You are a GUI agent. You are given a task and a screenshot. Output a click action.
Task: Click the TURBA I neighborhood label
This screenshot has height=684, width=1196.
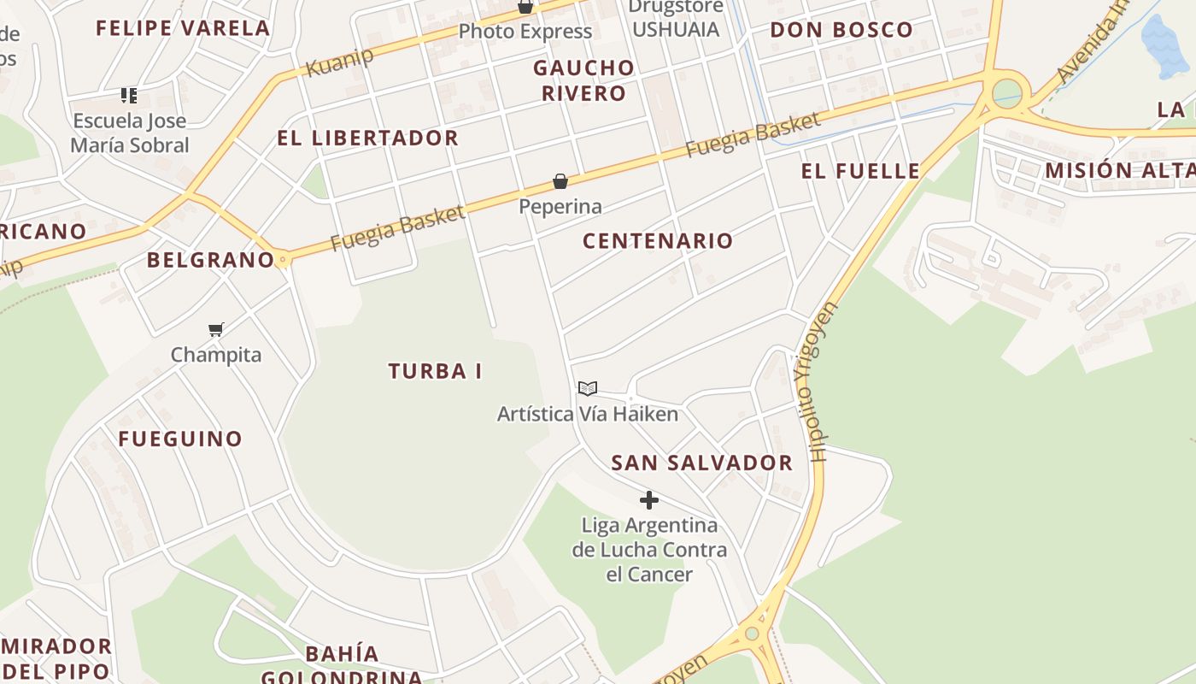(x=435, y=371)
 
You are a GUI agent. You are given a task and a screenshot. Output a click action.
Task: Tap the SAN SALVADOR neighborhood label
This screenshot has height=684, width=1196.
(x=701, y=463)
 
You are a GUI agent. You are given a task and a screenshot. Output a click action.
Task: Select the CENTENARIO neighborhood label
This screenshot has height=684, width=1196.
(x=658, y=241)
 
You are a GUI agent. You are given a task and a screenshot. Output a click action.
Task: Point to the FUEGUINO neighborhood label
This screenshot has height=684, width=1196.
(x=180, y=439)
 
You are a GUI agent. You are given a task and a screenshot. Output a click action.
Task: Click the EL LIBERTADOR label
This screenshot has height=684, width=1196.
(x=367, y=139)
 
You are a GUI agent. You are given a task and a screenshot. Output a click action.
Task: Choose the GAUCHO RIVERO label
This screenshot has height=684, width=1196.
(x=584, y=80)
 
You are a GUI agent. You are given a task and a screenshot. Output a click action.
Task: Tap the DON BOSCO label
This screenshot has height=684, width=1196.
(x=841, y=30)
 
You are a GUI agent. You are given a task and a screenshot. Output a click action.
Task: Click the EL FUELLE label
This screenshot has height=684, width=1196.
(x=860, y=171)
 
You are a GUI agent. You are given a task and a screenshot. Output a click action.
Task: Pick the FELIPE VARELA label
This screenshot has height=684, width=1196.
(x=183, y=28)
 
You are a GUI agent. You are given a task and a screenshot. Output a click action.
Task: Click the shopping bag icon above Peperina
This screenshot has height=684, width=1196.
(x=560, y=181)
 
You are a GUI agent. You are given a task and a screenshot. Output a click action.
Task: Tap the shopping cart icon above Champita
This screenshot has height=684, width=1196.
(x=216, y=329)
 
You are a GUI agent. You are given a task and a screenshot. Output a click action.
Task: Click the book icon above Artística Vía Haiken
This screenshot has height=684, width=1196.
(x=588, y=389)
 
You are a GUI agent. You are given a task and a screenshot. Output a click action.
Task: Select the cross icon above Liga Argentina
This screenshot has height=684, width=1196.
(x=649, y=500)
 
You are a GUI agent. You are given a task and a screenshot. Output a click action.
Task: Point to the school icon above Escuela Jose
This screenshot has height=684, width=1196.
(x=129, y=95)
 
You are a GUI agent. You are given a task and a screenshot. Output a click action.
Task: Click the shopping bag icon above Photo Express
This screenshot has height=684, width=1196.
(x=525, y=8)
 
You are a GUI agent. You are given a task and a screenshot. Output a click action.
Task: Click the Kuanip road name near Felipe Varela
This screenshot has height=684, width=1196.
(x=340, y=62)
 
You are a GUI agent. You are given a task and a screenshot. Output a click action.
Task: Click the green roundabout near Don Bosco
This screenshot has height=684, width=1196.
(x=1007, y=91)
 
